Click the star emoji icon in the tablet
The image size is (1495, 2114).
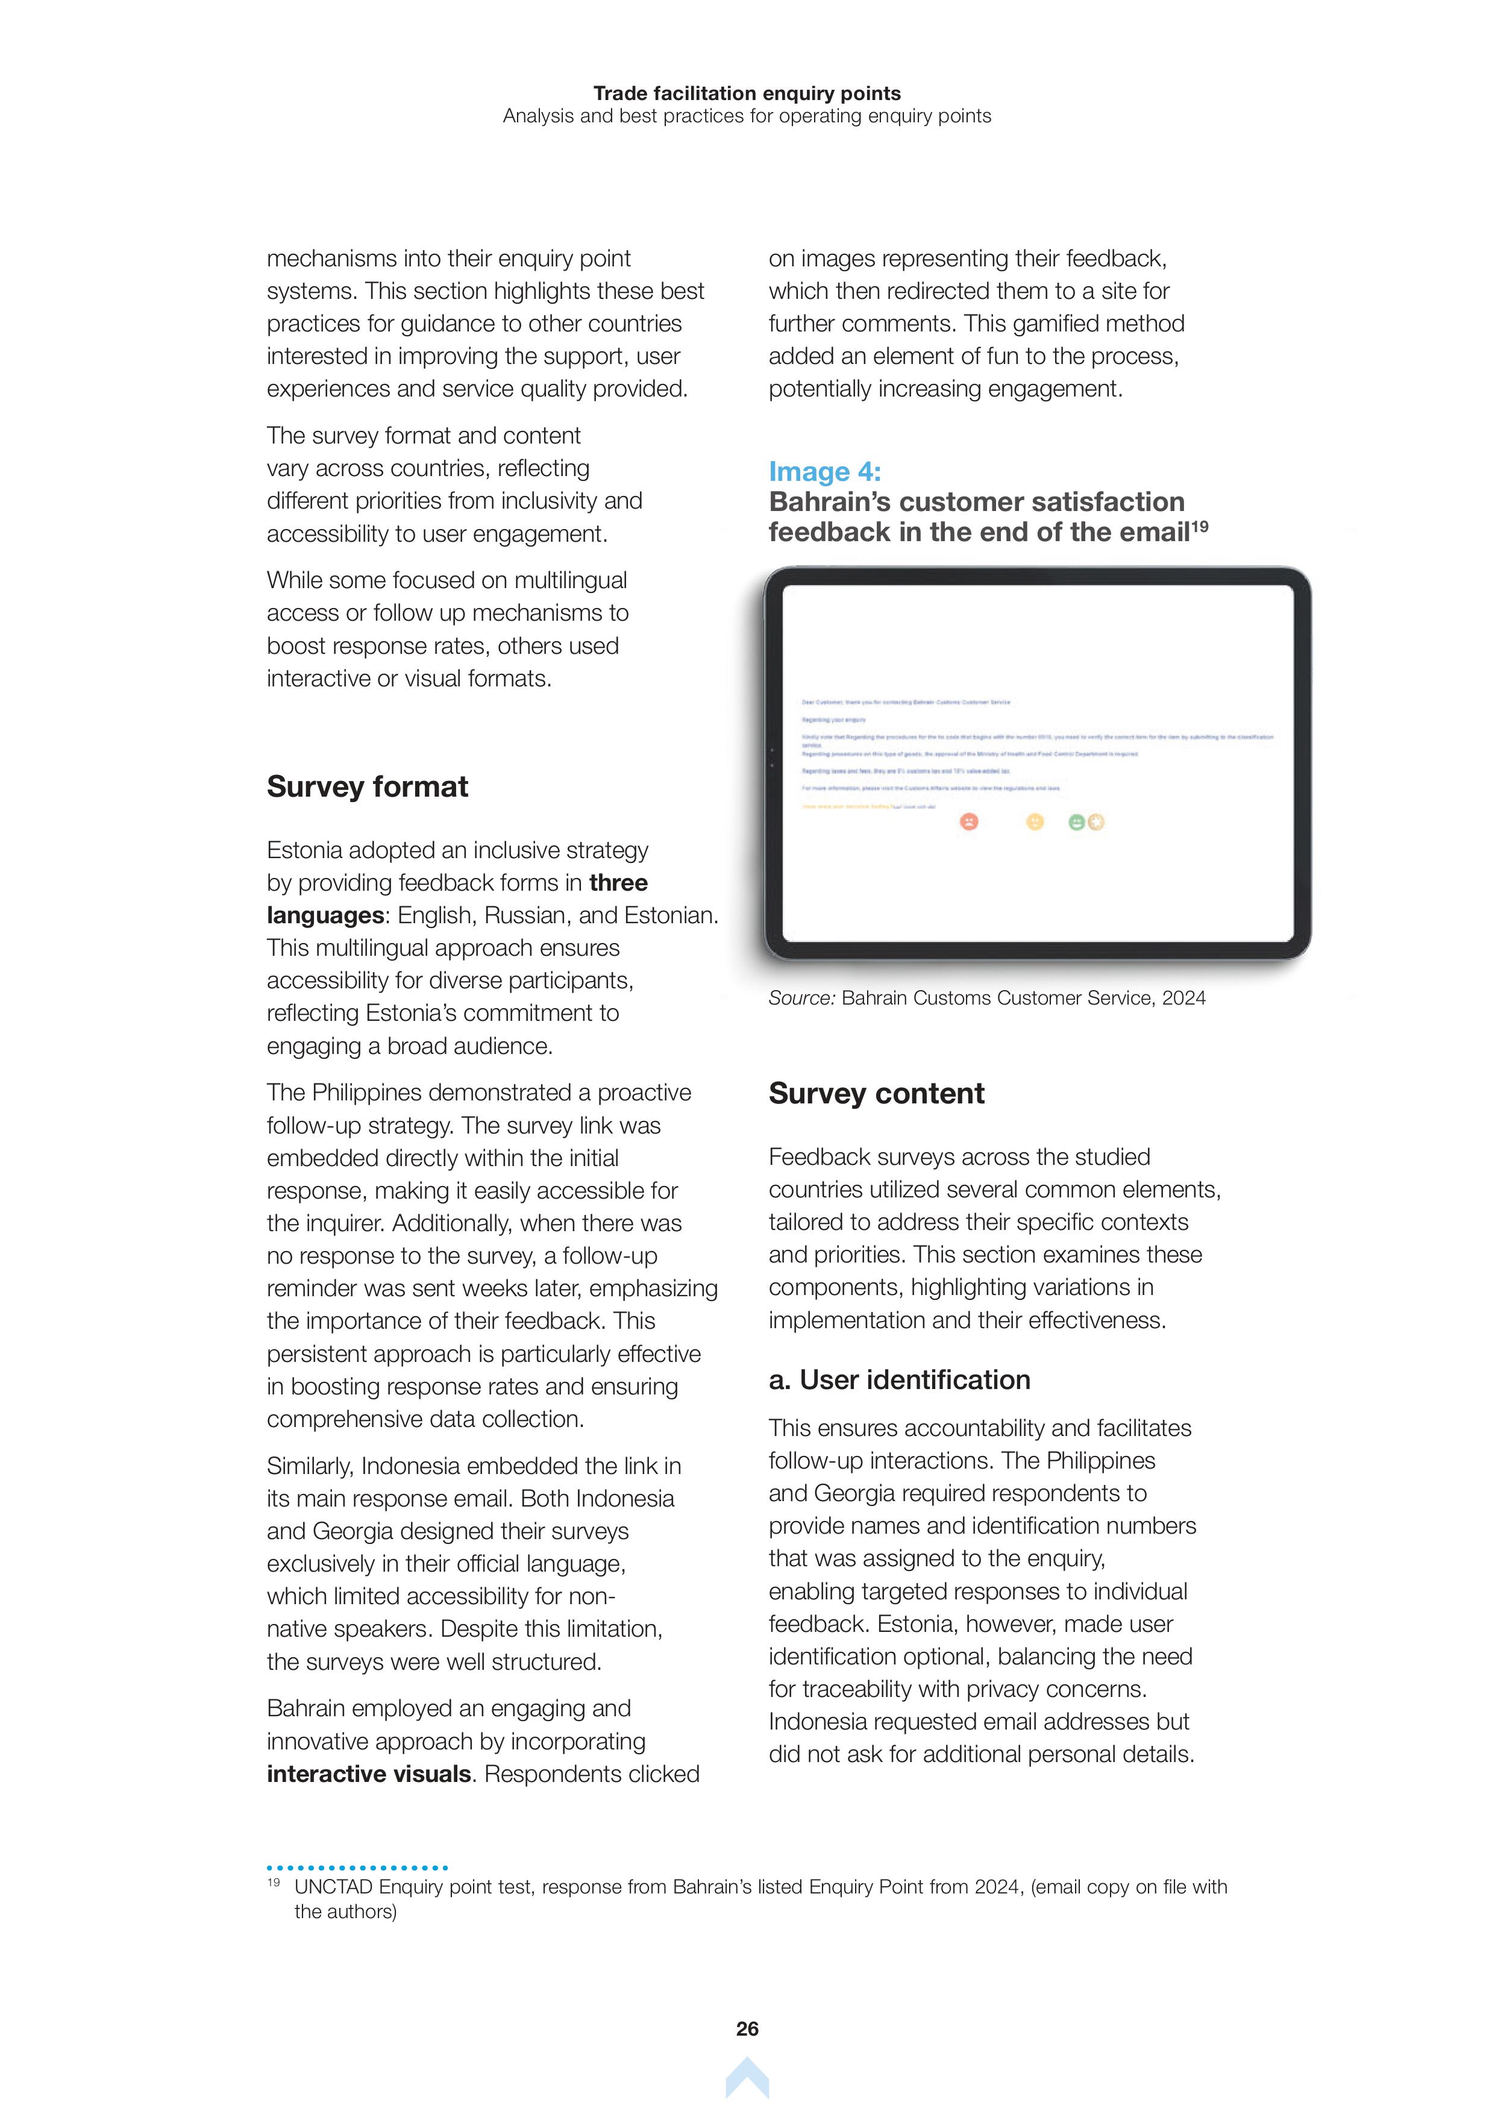(1095, 822)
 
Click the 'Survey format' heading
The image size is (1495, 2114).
(368, 786)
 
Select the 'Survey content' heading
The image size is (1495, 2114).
(876, 1093)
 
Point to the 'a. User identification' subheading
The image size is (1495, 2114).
(900, 1379)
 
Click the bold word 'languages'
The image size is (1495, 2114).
(325, 915)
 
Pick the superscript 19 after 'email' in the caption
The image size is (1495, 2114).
(1200, 527)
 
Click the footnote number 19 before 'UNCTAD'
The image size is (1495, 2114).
(274, 1882)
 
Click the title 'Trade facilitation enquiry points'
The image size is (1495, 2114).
(747, 93)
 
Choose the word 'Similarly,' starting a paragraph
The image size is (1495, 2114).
(310, 1466)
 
